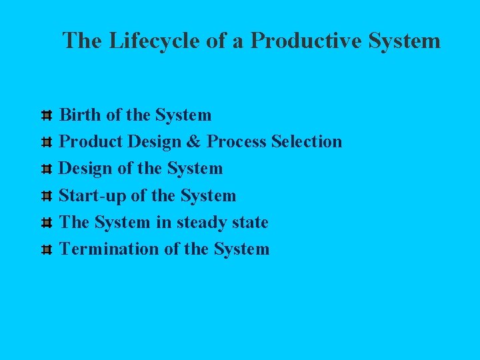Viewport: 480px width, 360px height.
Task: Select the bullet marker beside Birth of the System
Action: point(47,116)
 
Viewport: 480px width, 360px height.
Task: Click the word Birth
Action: point(81,115)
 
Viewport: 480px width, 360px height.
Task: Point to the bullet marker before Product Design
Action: point(47,143)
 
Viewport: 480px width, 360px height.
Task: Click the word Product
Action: point(91,141)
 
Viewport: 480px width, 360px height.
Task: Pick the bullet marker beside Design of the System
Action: point(47,169)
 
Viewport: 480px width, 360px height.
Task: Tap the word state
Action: point(249,222)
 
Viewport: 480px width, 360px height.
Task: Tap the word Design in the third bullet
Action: point(86,169)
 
